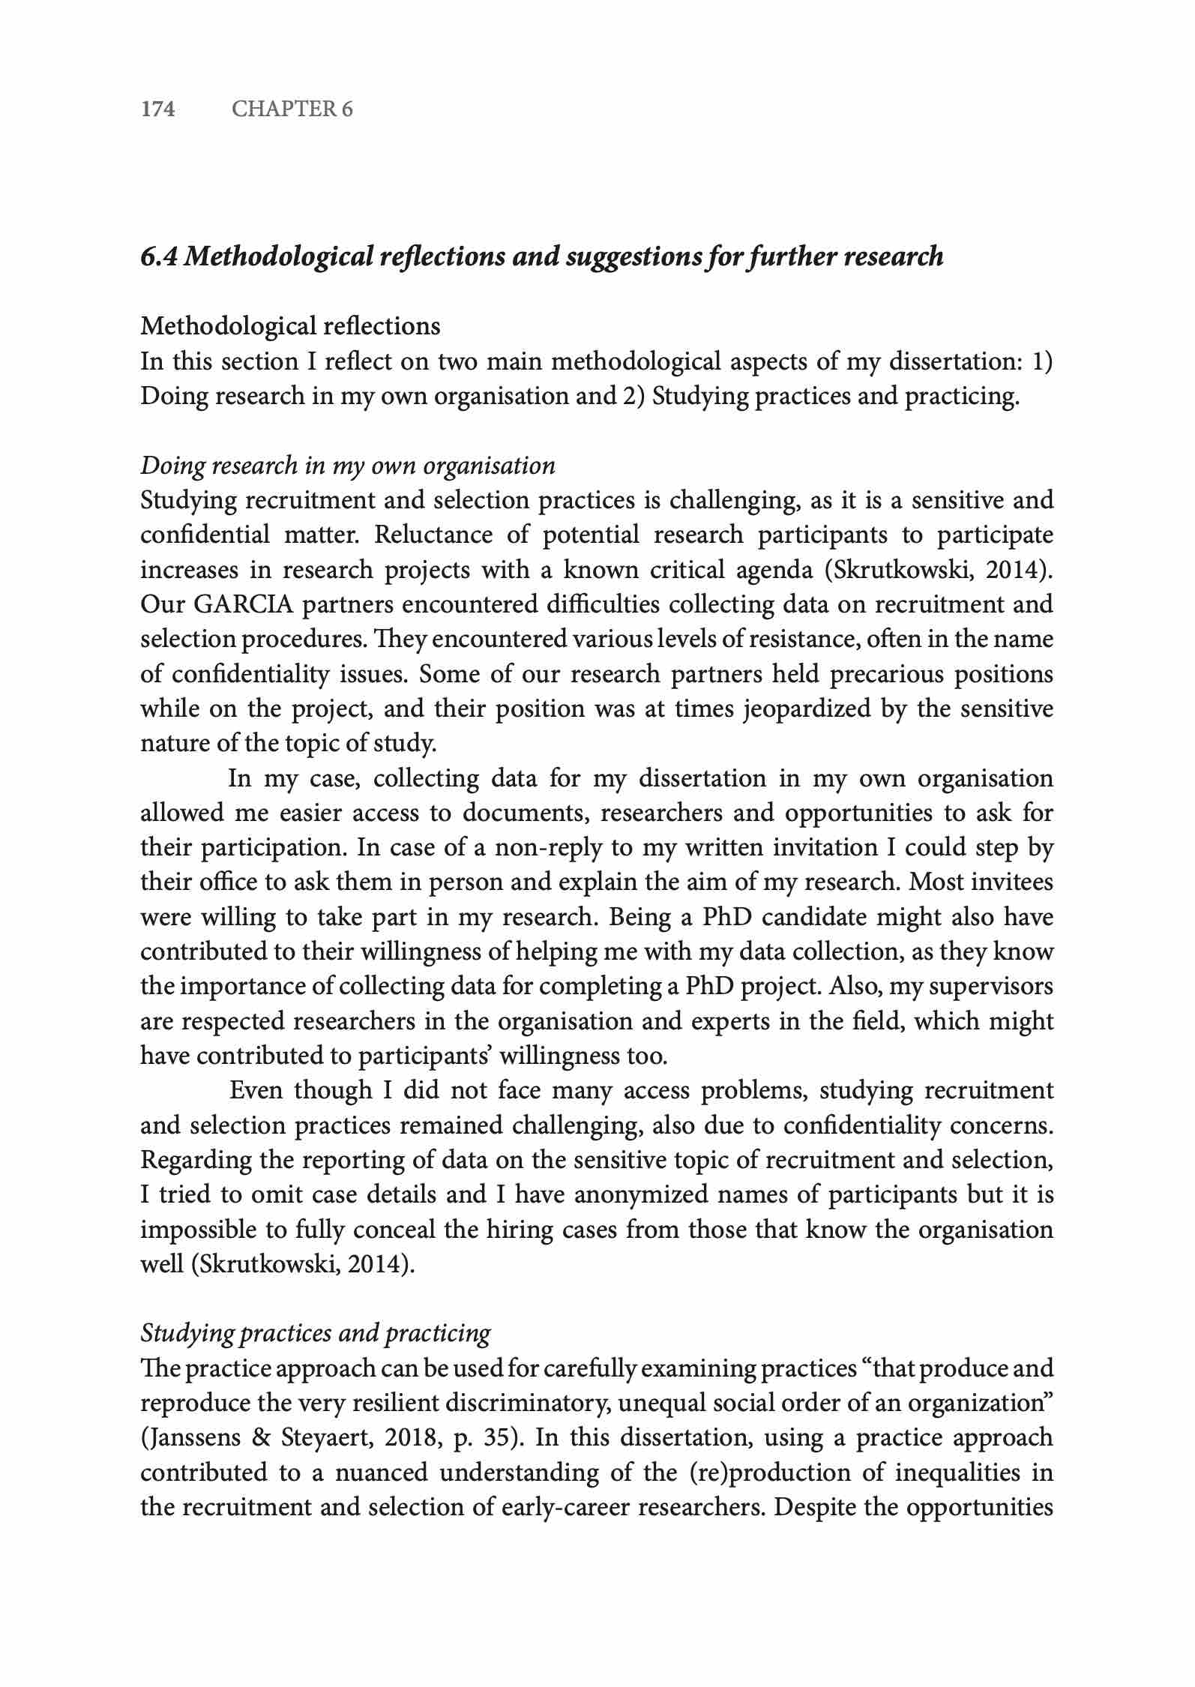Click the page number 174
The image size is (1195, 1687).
coord(158,109)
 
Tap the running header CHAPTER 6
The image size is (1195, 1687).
coord(292,109)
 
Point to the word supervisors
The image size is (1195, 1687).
coord(990,987)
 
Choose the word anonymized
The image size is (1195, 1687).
coord(640,1194)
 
